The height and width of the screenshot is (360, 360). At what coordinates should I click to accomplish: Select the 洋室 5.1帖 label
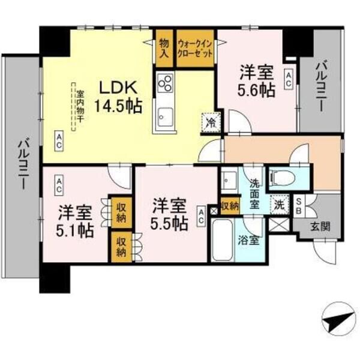point(76,220)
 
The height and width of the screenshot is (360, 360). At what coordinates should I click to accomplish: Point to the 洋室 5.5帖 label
point(169,213)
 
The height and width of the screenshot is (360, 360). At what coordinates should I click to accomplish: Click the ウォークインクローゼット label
point(196,47)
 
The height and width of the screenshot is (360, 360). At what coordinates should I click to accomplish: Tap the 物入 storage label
point(164,47)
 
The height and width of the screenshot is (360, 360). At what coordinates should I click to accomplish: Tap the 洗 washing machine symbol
point(280,204)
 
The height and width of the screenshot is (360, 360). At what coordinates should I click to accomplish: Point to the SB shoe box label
point(299,205)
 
